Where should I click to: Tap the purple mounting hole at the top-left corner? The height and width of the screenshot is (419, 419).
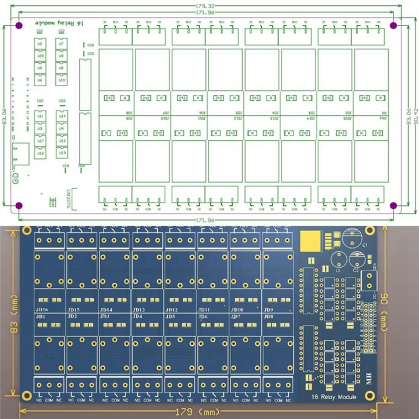pyautogui.click(x=18, y=26)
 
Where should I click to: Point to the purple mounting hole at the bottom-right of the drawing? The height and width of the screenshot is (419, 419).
pyautogui.click(x=393, y=205)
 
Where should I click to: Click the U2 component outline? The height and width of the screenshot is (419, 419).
pyautogui.click(x=40, y=44)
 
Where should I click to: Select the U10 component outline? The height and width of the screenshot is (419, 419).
pyautogui.click(x=61, y=80)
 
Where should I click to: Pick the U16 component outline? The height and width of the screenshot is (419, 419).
pyautogui.click(x=40, y=153)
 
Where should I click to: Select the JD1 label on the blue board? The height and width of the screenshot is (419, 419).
pyautogui.click(x=40, y=317)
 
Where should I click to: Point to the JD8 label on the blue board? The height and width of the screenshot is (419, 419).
pyautogui.click(x=268, y=317)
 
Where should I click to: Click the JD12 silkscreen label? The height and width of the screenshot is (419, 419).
pyautogui.click(x=171, y=310)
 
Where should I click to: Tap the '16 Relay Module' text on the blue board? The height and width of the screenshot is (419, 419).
pyautogui.click(x=334, y=396)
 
